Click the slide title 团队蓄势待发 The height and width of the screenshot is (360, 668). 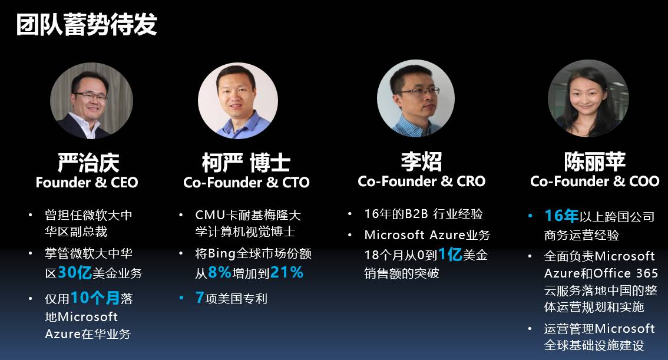tap(87, 24)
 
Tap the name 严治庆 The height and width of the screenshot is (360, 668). tap(88, 163)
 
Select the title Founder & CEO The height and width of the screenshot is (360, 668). tap(87, 182)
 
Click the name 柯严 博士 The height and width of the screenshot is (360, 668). tap(246, 163)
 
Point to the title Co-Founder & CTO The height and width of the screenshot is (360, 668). tap(246, 182)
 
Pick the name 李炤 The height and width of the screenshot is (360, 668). tap(421, 161)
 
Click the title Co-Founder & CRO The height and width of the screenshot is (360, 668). tap(422, 181)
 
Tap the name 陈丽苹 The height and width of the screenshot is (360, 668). tap(595, 161)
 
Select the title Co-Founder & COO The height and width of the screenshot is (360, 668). tap(595, 181)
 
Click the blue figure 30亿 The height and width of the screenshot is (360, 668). tap(75, 273)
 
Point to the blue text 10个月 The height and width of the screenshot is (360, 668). tap(95, 298)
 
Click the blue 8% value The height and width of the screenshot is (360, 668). tap(219, 272)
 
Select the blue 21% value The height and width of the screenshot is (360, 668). tap(287, 272)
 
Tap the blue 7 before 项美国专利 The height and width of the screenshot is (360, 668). tap(199, 297)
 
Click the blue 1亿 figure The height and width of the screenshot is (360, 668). tap(450, 255)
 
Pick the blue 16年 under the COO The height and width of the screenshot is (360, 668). tap(561, 216)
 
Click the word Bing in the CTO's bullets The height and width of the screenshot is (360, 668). tap(221, 254)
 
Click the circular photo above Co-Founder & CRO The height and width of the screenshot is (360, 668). tap(416, 98)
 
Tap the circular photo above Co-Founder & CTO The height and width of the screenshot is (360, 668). tap(238, 101)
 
